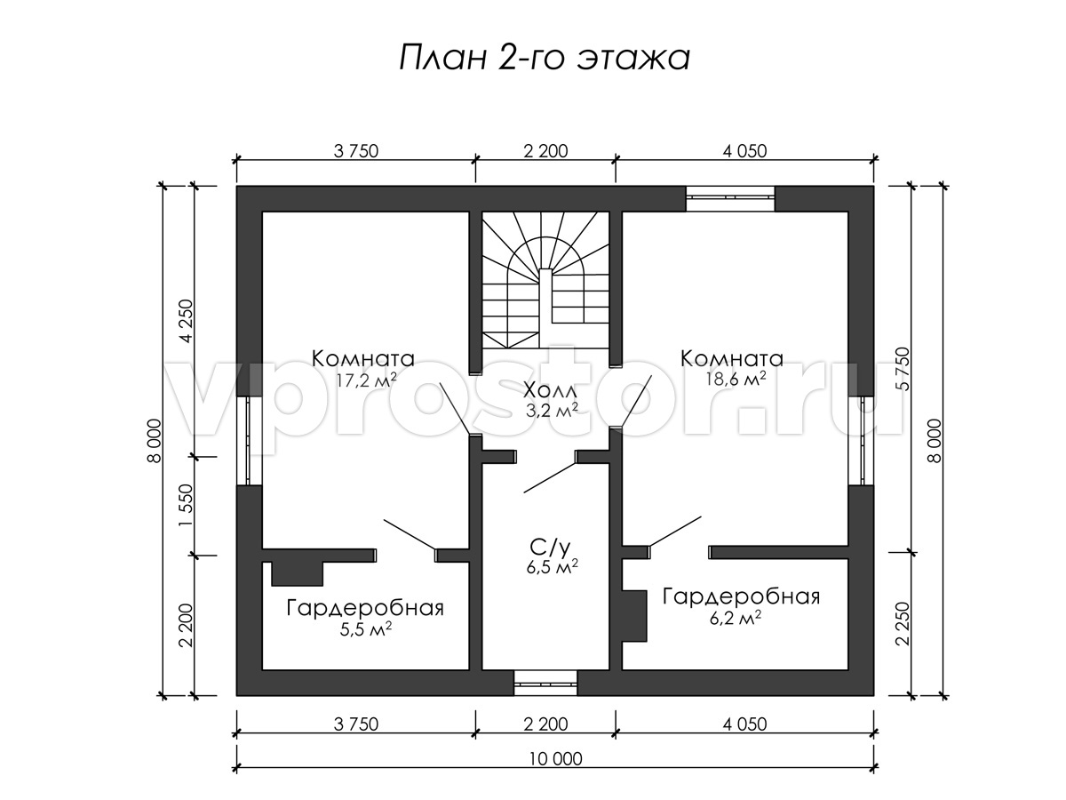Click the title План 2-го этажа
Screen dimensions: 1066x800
[x=545, y=59]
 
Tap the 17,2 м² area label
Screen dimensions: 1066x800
[x=367, y=380]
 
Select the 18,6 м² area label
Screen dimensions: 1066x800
[x=736, y=379]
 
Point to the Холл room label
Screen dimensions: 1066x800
[x=552, y=389]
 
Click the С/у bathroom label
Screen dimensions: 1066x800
[x=552, y=548]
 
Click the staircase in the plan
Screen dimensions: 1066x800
[x=545, y=280]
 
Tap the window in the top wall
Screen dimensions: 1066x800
[x=730, y=198]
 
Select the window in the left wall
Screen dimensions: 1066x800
[x=249, y=441]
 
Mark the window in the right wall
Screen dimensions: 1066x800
[x=861, y=441]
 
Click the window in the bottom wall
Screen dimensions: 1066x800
[x=545, y=684]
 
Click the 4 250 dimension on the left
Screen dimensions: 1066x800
[x=186, y=322]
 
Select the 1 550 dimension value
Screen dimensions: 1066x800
[x=186, y=505]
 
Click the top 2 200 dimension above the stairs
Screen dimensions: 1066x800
[x=545, y=151]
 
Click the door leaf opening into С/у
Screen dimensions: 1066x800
[x=550, y=477]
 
